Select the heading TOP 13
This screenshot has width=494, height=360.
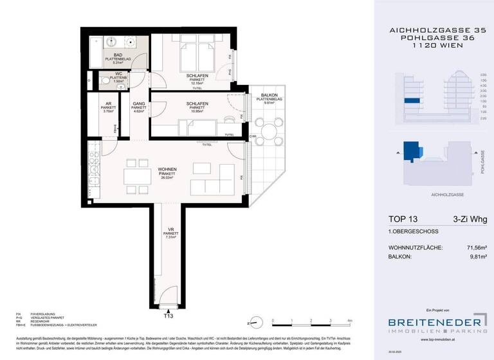(x=405, y=220)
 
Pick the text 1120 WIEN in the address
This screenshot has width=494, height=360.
(x=435, y=47)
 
